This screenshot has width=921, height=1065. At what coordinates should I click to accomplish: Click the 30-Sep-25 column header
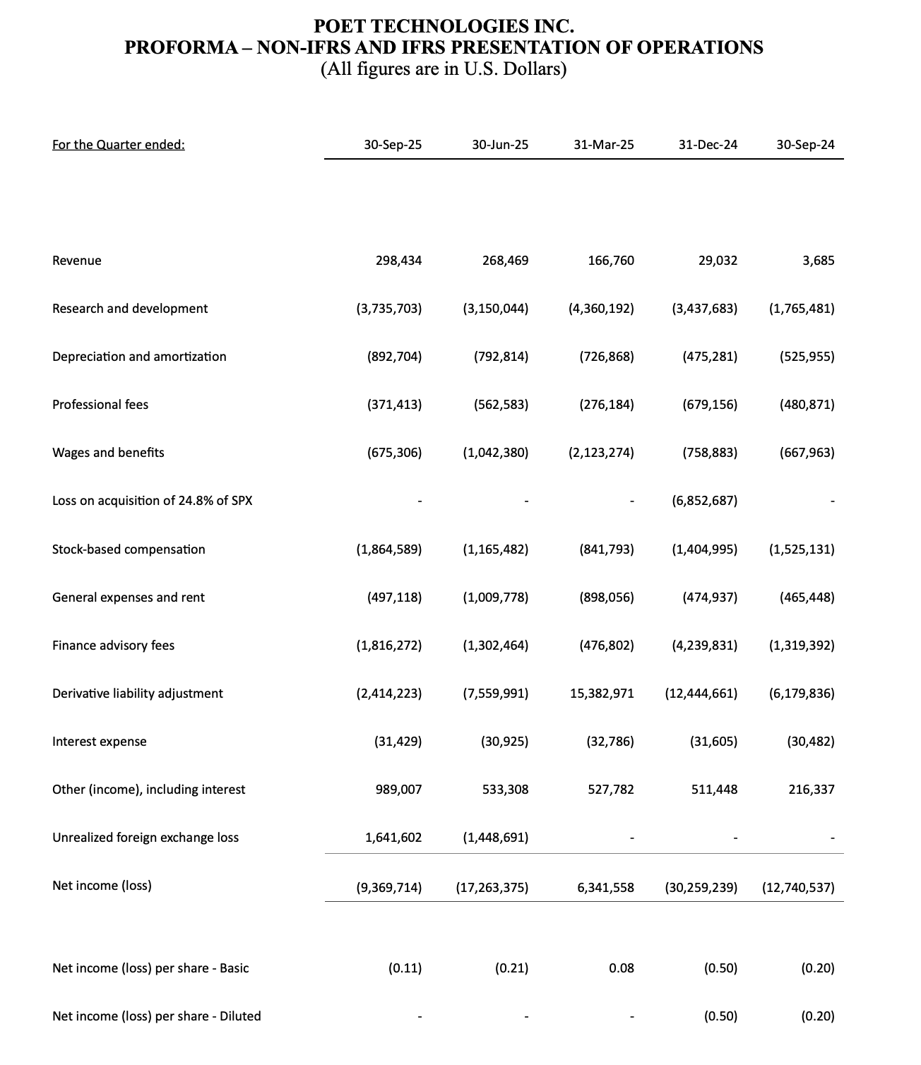click(393, 145)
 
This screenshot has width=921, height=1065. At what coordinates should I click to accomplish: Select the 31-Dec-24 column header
click(708, 145)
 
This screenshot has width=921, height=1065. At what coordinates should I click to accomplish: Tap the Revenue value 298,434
click(398, 261)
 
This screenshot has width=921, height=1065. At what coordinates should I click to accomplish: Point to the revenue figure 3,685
click(818, 261)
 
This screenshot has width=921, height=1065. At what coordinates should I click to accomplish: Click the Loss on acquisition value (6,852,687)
click(704, 501)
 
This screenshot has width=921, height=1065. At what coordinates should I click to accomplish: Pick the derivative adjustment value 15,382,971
click(602, 694)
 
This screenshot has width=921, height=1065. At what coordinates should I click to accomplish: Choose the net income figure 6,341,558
click(605, 886)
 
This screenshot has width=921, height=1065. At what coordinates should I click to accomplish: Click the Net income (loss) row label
click(102, 886)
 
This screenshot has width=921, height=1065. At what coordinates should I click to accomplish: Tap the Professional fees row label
click(100, 405)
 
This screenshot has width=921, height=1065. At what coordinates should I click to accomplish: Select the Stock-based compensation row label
click(129, 549)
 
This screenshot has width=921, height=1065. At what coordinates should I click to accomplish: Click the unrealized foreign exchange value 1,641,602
click(393, 838)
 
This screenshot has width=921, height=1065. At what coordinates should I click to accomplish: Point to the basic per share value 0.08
click(621, 968)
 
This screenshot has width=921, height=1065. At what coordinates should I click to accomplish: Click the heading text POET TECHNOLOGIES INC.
click(444, 27)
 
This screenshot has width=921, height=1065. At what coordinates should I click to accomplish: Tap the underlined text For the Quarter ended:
click(119, 145)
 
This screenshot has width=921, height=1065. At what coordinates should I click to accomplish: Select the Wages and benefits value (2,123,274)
click(601, 453)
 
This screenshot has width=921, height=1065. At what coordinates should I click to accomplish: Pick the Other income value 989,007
click(398, 790)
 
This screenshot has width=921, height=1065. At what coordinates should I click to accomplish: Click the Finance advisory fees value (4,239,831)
click(704, 645)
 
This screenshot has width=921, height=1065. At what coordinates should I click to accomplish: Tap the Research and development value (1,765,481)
click(802, 309)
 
